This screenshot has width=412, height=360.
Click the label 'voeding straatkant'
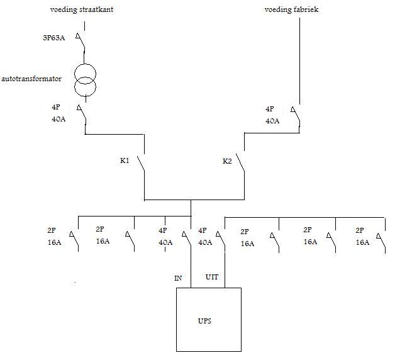[82, 11]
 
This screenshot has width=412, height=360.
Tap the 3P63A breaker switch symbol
[82, 42]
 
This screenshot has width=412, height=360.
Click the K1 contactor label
[125, 161]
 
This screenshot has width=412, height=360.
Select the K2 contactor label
[228, 161]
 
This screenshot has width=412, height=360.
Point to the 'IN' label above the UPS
[178, 278]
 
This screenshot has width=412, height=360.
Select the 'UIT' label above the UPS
[213, 278]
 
